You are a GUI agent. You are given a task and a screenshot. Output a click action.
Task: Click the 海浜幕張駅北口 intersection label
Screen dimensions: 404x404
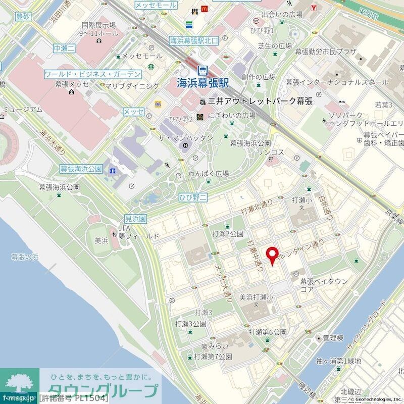(x=193, y=41)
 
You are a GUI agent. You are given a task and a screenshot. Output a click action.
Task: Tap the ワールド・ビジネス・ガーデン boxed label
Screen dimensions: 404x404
(x=93, y=74)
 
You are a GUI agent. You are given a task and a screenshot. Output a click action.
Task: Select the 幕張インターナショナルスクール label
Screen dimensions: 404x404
(x=337, y=82)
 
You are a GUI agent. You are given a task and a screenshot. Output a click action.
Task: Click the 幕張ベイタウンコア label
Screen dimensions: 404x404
(x=324, y=285)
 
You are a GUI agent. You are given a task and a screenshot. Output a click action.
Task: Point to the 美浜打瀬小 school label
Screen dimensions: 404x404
(x=256, y=297)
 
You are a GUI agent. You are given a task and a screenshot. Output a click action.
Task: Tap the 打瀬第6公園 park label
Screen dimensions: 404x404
(x=268, y=333)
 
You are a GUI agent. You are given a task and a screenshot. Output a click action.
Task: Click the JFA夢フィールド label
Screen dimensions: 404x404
(x=138, y=232)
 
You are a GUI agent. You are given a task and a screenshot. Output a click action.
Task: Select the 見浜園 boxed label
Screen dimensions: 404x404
(x=135, y=219)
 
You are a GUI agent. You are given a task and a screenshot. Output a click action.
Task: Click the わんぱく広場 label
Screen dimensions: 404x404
(x=209, y=173)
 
